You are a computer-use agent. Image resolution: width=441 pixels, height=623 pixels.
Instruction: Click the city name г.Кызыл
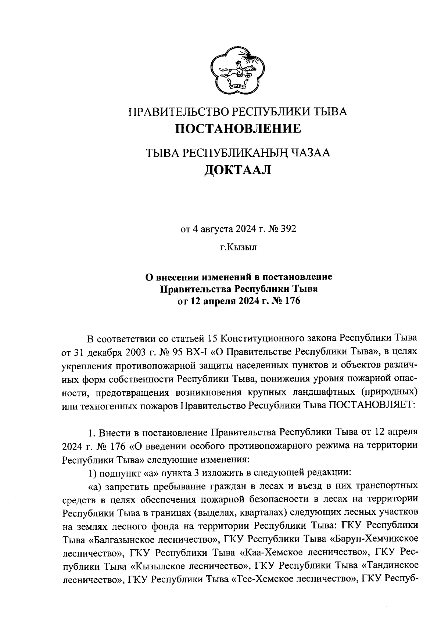pyautogui.click(x=238, y=247)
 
